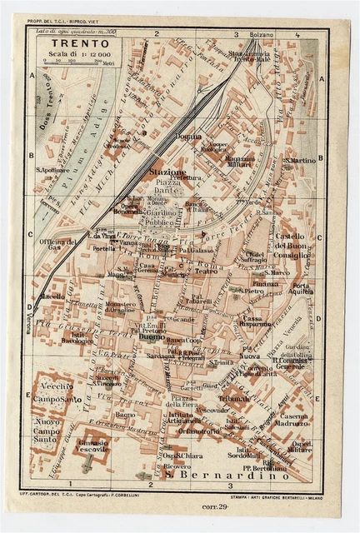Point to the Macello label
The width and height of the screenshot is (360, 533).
click(x=52, y=296)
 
